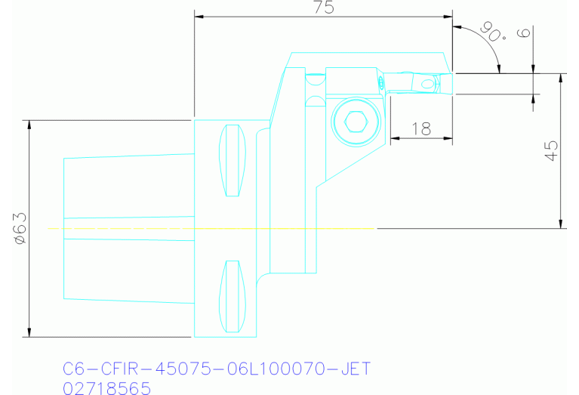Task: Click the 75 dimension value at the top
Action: tap(323, 8)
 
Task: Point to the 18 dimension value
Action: tap(420, 128)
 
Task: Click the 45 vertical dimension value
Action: tap(551, 151)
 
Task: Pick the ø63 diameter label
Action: tap(20, 228)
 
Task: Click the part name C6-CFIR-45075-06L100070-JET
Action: tap(217, 369)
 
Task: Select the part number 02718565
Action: tap(106, 387)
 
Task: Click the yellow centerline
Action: tap(211, 227)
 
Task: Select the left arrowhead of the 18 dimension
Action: tap(394, 138)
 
